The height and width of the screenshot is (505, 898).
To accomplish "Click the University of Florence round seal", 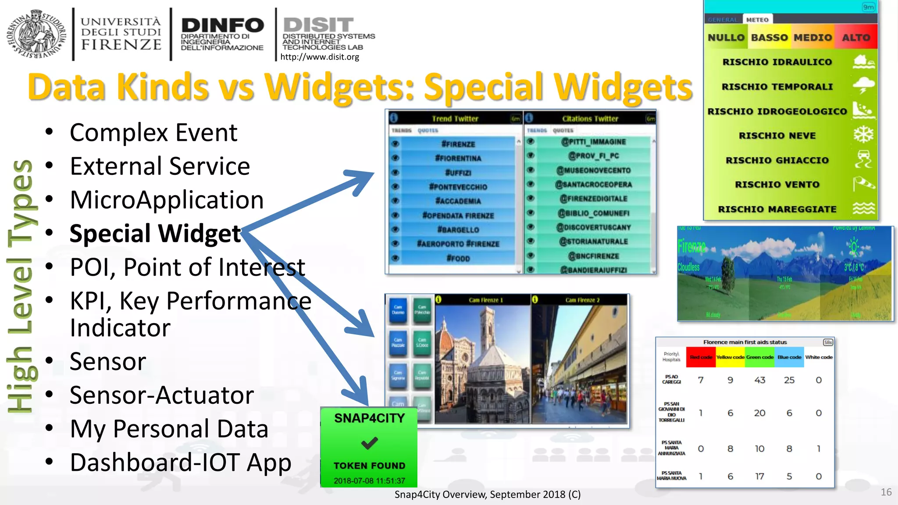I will pyautogui.click(x=36, y=34).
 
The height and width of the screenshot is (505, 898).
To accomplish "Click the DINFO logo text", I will pyautogui.click(x=222, y=25).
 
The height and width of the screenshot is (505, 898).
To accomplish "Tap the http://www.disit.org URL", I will pyautogui.click(x=319, y=57).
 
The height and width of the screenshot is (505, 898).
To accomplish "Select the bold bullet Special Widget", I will pyautogui.click(x=155, y=233).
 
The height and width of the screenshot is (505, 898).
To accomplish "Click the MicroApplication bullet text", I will pyautogui.click(x=167, y=200).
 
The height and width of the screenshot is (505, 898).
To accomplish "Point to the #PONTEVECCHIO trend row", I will pyautogui.click(x=458, y=187).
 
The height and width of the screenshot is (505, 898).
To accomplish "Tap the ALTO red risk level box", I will pyautogui.click(x=855, y=38).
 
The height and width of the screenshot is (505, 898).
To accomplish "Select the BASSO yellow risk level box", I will pyautogui.click(x=769, y=38).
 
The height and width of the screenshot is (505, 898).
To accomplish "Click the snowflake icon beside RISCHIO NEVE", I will pyautogui.click(x=863, y=135).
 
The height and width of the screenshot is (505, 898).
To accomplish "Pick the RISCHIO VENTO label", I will pyautogui.click(x=777, y=185).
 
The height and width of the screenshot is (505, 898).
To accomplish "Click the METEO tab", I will pyautogui.click(x=757, y=20).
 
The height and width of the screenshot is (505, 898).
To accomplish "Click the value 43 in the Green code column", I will pyautogui.click(x=759, y=380).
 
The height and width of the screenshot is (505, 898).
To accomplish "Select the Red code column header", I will pyautogui.click(x=701, y=357).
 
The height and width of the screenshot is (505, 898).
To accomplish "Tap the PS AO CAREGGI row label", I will pyautogui.click(x=671, y=379).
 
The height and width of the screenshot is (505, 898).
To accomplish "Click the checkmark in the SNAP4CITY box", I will pyautogui.click(x=369, y=443).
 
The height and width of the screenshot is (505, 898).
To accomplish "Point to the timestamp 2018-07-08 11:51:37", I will pyautogui.click(x=369, y=480).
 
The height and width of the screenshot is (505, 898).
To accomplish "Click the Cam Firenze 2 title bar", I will pyautogui.click(x=581, y=300).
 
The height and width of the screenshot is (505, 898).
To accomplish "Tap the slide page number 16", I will pyautogui.click(x=886, y=492).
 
